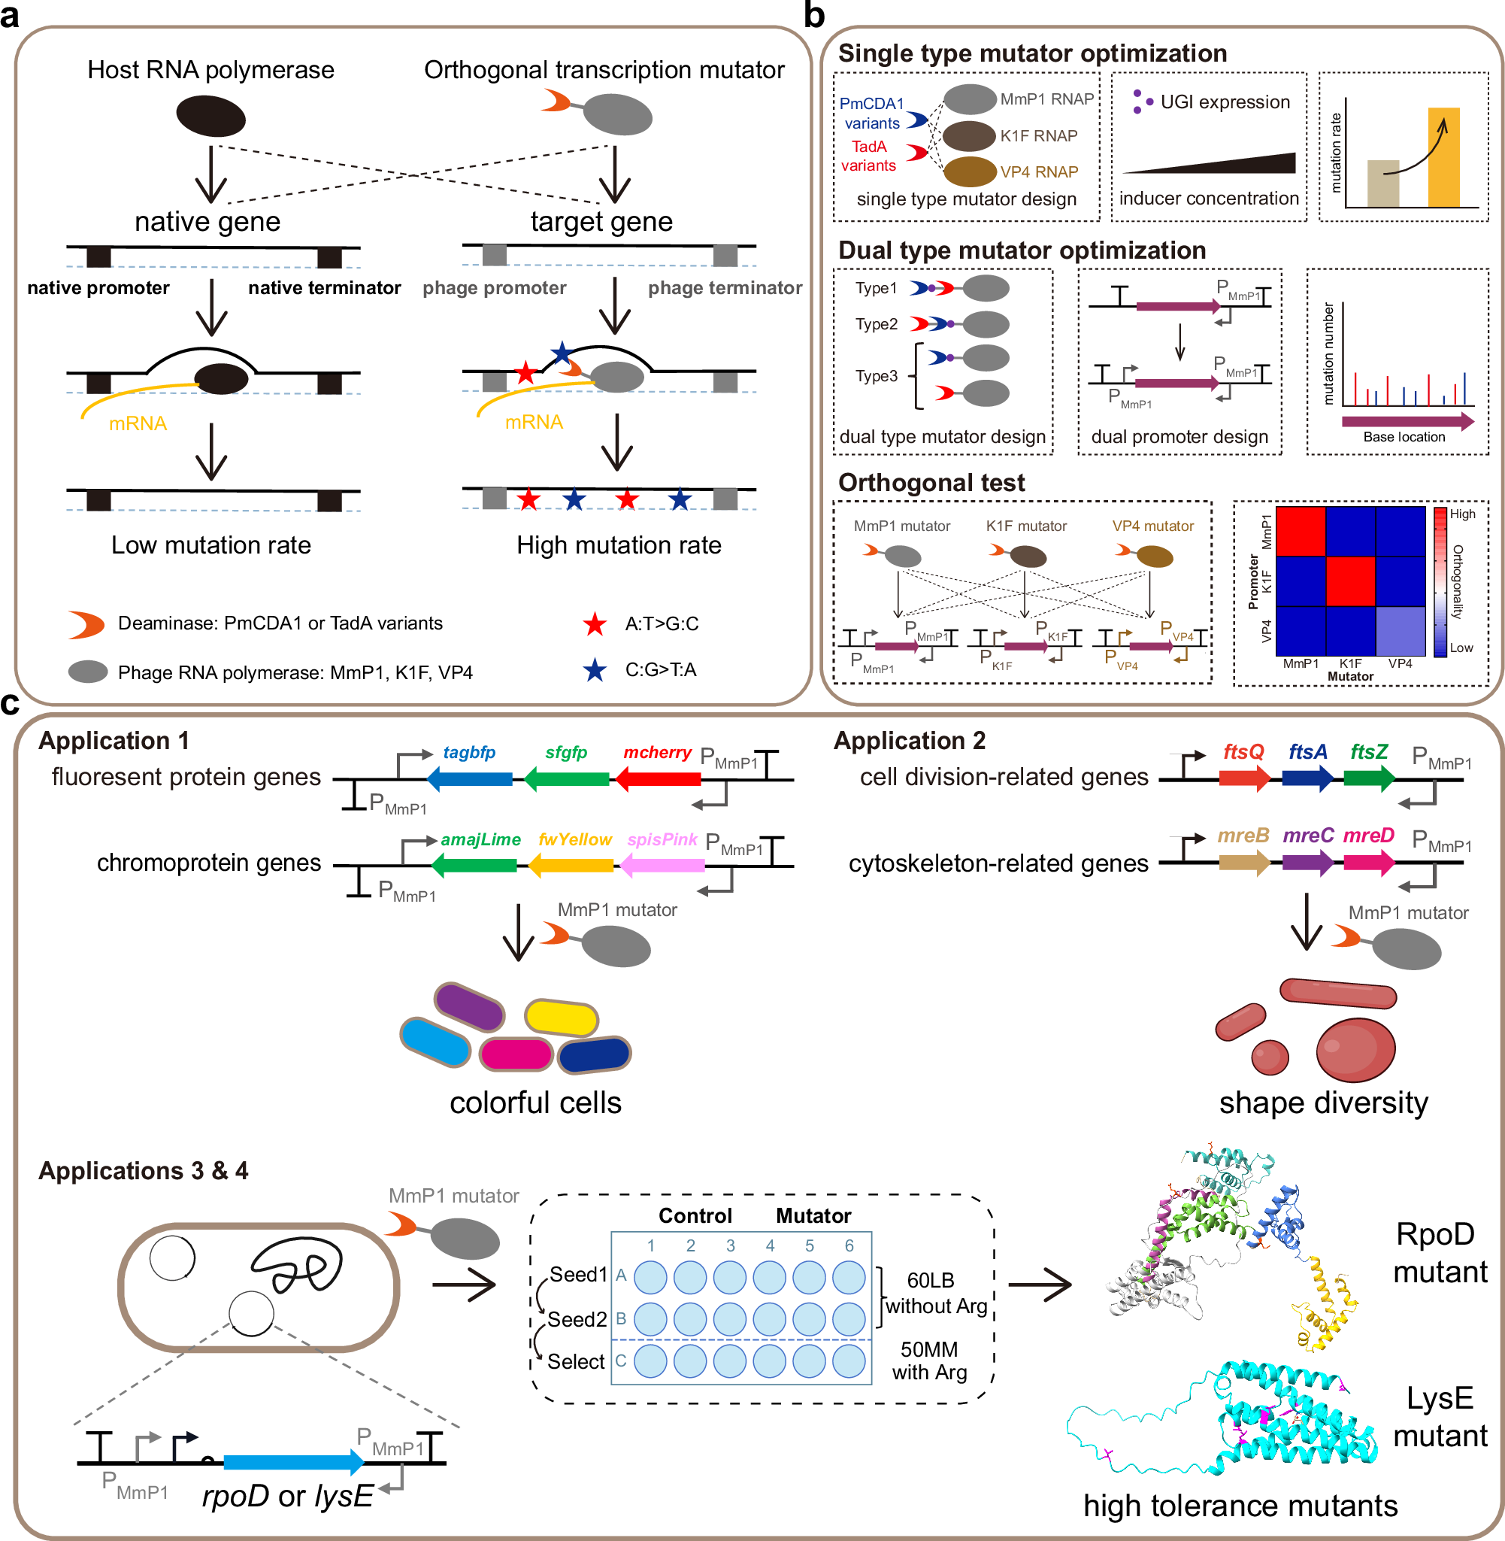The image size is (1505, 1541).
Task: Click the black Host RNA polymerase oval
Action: (210, 117)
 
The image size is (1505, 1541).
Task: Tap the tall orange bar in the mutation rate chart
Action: (1443, 158)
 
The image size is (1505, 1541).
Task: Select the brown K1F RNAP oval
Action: (968, 136)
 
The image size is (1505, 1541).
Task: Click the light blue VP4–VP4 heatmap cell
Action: (1399, 631)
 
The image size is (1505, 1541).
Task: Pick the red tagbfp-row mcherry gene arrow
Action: (658, 780)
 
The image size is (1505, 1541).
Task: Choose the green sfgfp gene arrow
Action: (566, 780)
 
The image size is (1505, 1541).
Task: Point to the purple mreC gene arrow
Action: (1307, 863)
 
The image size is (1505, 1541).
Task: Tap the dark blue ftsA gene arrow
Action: (1307, 779)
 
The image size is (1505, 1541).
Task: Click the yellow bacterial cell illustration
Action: (562, 1018)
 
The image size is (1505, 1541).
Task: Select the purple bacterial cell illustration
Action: (470, 1006)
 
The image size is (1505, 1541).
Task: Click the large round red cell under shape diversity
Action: (1355, 1049)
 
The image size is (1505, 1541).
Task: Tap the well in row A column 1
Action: (650, 1277)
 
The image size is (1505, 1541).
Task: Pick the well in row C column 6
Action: (849, 1361)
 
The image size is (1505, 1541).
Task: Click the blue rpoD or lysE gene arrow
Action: (293, 1462)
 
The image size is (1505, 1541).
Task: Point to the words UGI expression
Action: (1225, 102)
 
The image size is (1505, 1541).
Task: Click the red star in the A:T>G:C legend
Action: (595, 625)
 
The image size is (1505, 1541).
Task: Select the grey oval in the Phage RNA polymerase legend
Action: (88, 672)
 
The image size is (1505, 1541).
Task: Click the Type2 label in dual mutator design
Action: (876, 324)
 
